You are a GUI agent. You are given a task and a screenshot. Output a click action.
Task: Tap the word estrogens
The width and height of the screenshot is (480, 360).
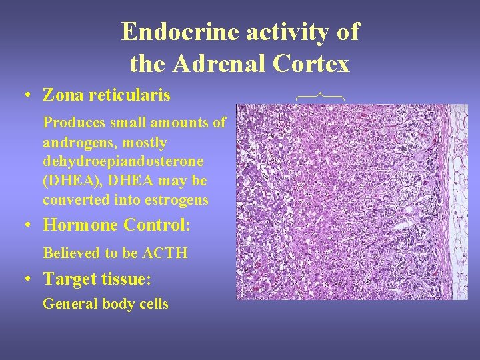point(177,200)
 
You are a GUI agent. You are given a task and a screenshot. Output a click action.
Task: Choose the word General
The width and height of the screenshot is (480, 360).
point(70,305)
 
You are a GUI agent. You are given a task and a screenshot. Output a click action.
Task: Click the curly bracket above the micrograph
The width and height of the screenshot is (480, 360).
point(320,97)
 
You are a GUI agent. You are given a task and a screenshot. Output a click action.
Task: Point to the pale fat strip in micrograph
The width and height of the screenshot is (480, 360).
point(459,200)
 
